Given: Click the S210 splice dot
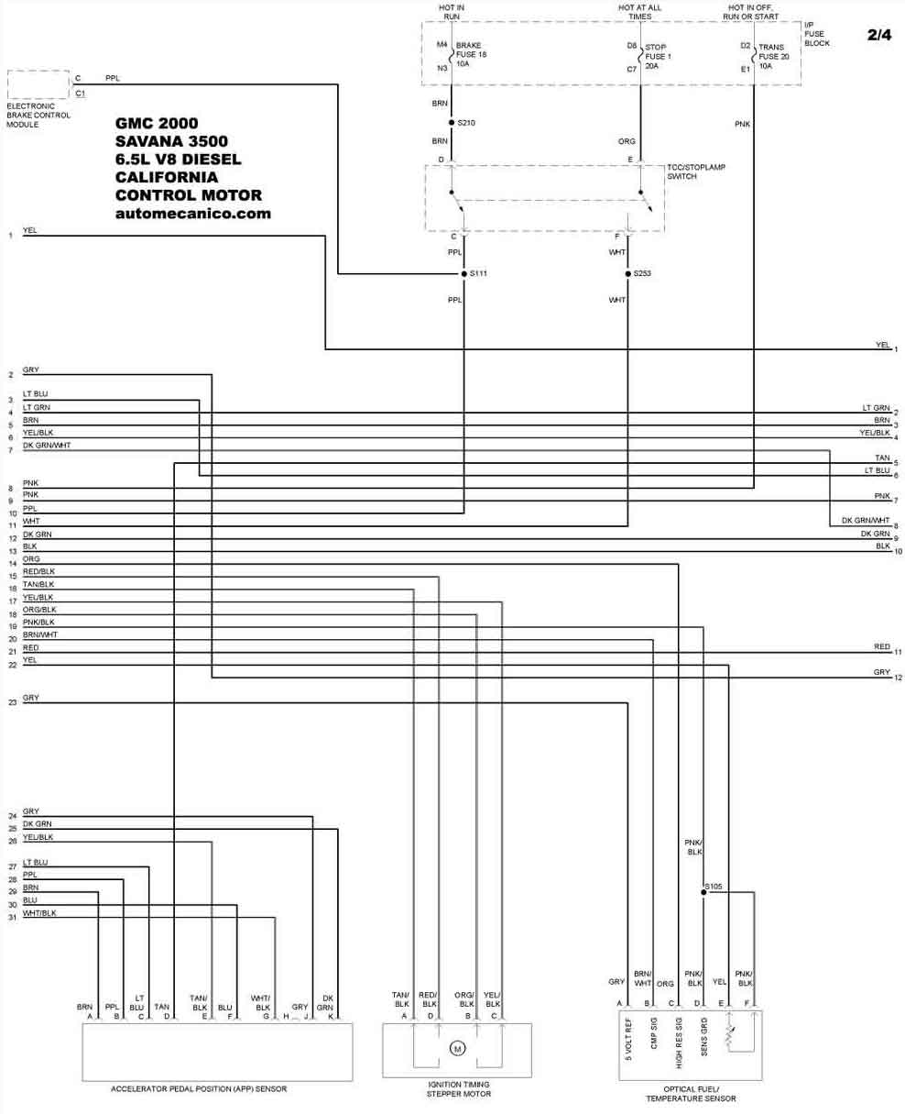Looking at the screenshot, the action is (x=452, y=122).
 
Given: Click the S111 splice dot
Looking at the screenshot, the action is (x=464, y=273).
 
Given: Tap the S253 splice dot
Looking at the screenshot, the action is (x=628, y=273).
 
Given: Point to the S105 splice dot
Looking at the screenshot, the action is (x=703, y=892).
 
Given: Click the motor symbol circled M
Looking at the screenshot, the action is (x=457, y=1048).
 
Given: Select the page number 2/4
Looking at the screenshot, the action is (x=879, y=35).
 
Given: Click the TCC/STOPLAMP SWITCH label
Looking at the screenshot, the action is (x=695, y=171).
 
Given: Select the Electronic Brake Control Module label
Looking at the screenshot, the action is (x=38, y=115).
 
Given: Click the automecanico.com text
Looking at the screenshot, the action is (x=192, y=214).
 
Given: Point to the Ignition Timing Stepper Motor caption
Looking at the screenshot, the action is (x=458, y=1089).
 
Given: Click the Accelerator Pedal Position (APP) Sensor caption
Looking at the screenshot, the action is (x=199, y=1088).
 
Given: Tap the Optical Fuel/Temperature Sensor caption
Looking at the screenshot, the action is (x=691, y=1094).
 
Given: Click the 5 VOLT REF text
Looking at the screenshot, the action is (x=628, y=1039).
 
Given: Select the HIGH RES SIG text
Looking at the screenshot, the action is (x=678, y=1042).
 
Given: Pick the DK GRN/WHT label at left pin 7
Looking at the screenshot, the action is (x=47, y=445).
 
